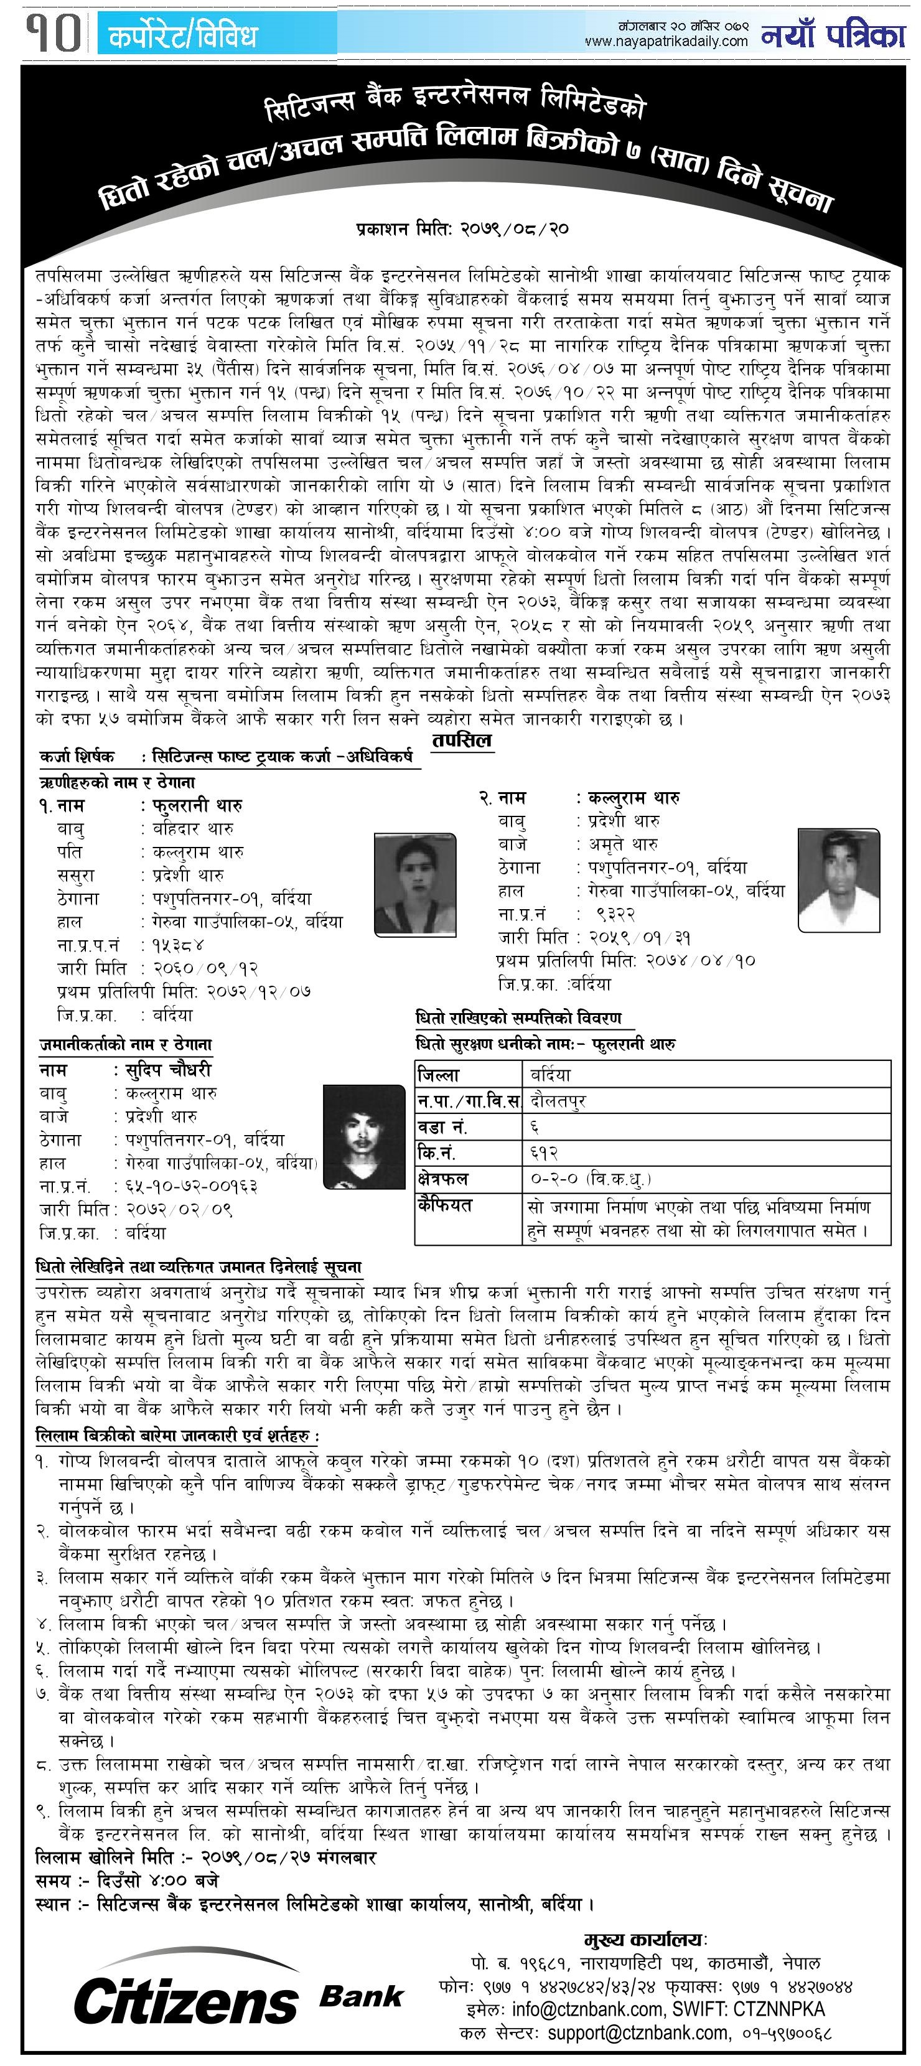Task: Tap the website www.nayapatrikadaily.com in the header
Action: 666,41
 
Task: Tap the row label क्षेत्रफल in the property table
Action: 443,1180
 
